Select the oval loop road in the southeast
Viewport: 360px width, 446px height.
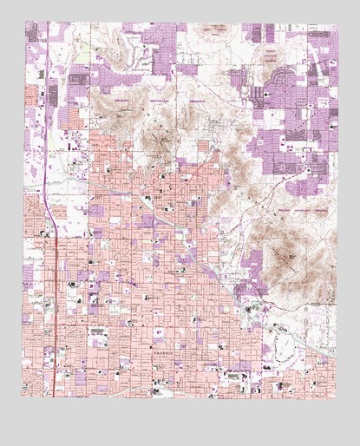point(287,348)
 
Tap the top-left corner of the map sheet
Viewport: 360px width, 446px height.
point(23,23)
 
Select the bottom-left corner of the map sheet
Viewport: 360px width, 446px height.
point(23,397)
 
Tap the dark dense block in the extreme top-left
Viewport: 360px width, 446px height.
point(35,35)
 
